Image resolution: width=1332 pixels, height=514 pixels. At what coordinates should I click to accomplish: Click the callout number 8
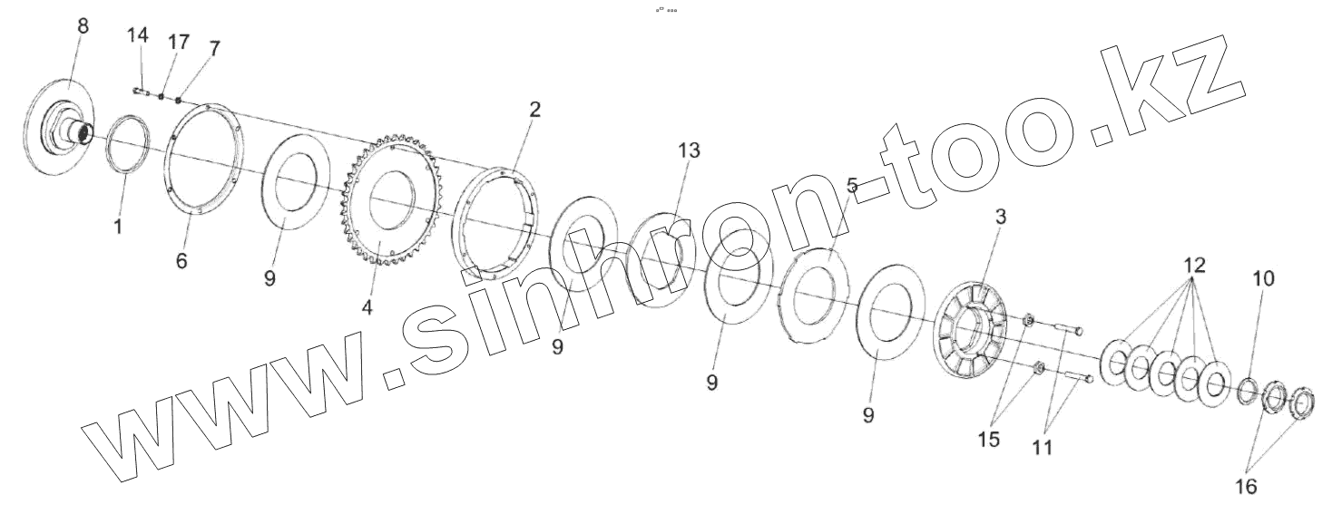point(83,26)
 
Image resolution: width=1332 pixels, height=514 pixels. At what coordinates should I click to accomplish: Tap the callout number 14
point(138,35)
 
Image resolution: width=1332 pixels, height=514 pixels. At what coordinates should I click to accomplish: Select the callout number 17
point(178,42)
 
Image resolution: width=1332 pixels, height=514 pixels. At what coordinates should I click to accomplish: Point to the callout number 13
point(689,151)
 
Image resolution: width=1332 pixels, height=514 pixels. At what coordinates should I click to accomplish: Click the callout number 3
point(999,218)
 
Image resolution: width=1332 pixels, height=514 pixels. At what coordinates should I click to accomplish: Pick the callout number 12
point(1193,266)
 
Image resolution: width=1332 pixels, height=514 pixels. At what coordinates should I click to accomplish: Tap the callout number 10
point(1262,279)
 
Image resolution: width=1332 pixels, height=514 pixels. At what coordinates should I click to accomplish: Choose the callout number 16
point(1247,487)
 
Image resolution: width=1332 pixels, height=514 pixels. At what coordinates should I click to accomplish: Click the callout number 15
point(988,440)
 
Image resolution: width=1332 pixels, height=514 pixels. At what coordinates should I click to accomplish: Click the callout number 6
point(181,261)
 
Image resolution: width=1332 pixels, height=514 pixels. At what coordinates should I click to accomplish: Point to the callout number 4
point(367,307)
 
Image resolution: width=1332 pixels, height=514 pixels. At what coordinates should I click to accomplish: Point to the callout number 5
point(852,186)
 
